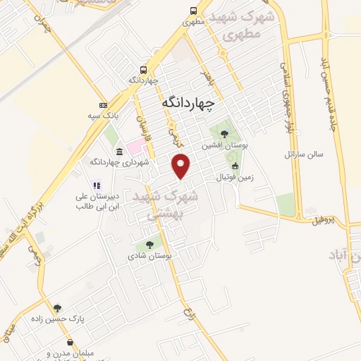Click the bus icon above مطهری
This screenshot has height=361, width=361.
pyautogui.click(x=193, y=11)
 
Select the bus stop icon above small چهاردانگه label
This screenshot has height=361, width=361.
pyautogui.click(x=143, y=70)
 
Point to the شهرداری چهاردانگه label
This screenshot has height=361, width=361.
pyautogui.click(x=119, y=162)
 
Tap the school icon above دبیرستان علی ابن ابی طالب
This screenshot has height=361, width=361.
pyautogui.click(x=96, y=185)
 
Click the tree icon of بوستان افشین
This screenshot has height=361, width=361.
pyautogui.click(x=224, y=134)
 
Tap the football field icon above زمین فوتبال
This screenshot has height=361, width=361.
pyautogui.click(x=235, y=166)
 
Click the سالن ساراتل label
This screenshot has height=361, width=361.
pyautogui.click(x=302, y=153)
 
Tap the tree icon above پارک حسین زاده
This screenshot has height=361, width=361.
pyautogui.click(x=57, y=307)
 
